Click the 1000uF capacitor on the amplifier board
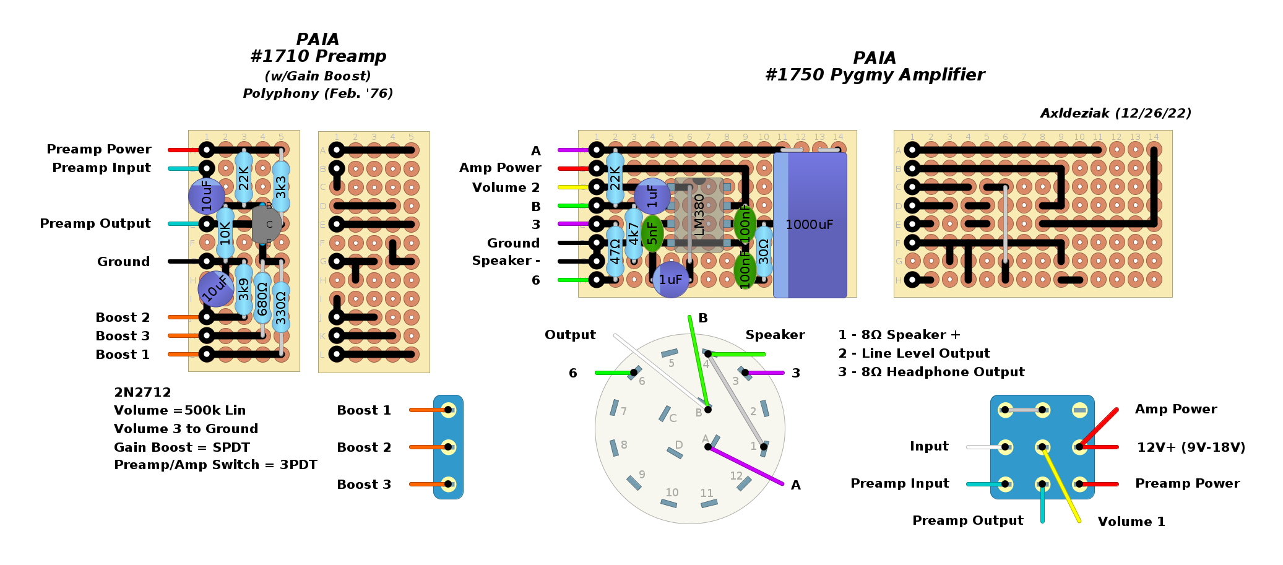click(810, 225)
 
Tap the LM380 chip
click(699, 214)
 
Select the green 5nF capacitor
click(652, 233)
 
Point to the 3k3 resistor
click(281, 186)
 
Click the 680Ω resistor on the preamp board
click(262, 298)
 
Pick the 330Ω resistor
click(281, 308)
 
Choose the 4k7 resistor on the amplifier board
click(633, 234)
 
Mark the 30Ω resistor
click(764, 251)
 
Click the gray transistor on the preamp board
click(267, 225)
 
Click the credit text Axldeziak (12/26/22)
click(1115, 113)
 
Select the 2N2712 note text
click(142, 392)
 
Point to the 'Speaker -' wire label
click(506, 261)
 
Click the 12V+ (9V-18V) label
click(1191, 447)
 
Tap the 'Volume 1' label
click(1131, 522)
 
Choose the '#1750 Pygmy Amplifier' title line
click(875, 75)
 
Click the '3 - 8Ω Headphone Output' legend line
click(931, 372)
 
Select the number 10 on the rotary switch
click(672, 493)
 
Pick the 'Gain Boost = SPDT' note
click(182, 447)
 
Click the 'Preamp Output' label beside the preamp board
click(95, 223)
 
